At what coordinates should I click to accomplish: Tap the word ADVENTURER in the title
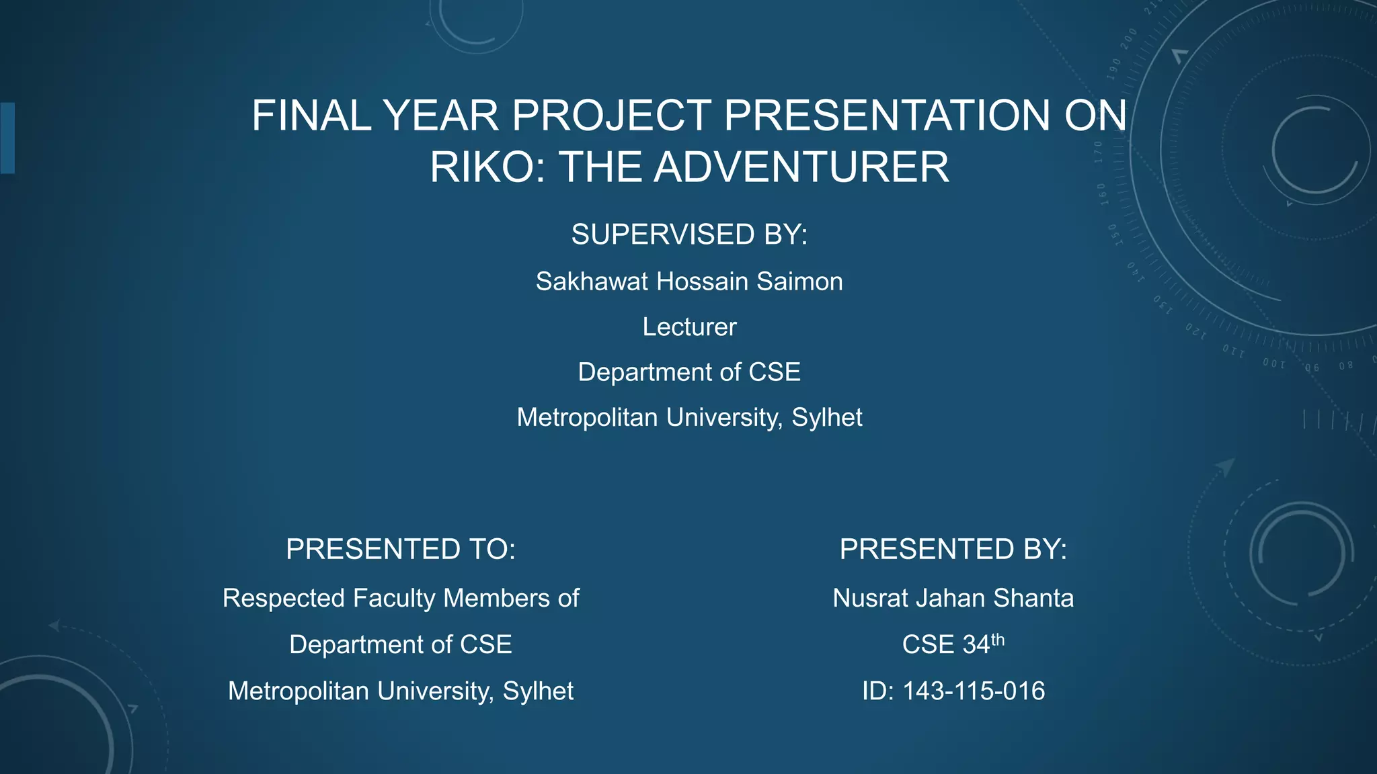coord(801,167)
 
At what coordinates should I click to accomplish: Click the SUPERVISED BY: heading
coord(689,234)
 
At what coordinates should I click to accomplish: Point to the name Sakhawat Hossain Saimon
coord(689,282)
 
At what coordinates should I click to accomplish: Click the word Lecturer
coord(689,327)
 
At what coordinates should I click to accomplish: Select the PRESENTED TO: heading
coord(401,550)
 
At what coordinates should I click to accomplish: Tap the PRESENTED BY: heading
coord(953,550)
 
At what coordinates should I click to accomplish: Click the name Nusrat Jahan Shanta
coord(953,598)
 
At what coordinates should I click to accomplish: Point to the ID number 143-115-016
coord(973,691)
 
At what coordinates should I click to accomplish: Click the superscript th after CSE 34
coord(998,639)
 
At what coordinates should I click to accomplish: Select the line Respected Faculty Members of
coord(401,598)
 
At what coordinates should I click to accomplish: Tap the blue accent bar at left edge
coord(7,138)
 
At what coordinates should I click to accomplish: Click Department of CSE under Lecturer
coord(689,372)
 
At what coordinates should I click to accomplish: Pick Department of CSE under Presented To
coord(401,645)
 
